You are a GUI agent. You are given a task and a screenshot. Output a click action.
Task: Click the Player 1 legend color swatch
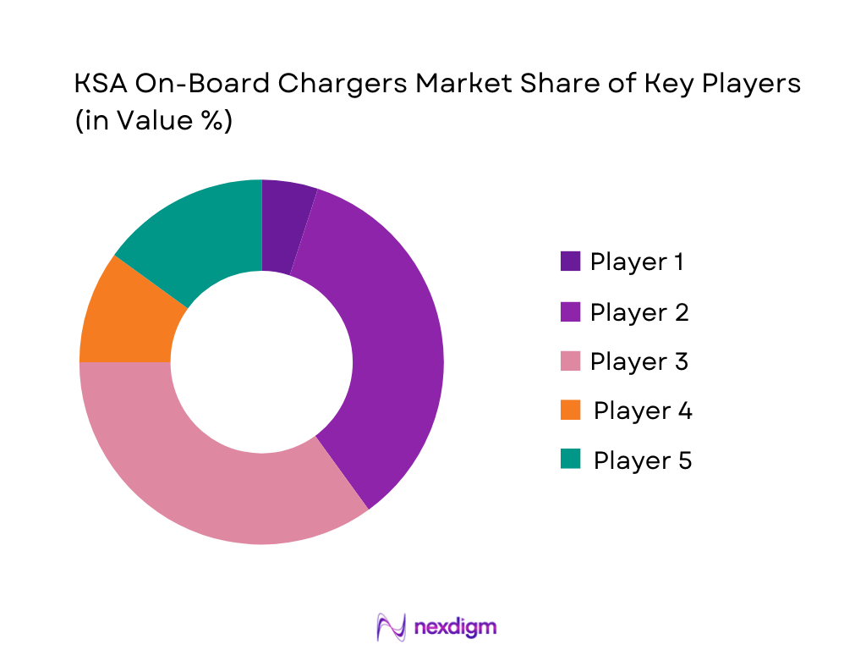[570, 262]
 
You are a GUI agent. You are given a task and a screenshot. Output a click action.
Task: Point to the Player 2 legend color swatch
[570, 312]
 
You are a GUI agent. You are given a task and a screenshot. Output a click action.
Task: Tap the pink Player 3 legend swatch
[570, 362]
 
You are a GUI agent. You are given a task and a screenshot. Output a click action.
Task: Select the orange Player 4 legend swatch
[570, 411]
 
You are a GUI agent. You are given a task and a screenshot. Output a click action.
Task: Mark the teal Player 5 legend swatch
[570, 460]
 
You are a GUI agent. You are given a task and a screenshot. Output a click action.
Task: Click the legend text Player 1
[636, 262]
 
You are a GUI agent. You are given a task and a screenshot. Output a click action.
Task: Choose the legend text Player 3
[639, 362]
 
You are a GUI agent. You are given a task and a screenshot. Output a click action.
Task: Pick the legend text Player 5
[642, 460]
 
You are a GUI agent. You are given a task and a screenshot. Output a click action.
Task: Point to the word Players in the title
[747, 85]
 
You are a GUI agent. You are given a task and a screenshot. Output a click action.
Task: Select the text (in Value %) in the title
[153, 120]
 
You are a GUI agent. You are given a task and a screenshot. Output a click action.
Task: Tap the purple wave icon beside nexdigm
[391, 627]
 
